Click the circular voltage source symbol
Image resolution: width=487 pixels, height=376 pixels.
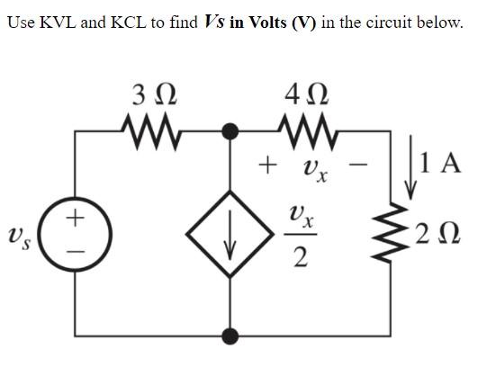[x=77, y=233]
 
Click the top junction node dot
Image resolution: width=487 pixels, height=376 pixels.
[x=232, y=131]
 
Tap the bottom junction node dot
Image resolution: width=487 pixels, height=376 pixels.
[x=232, y=336]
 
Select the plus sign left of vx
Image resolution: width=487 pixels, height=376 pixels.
[x=266, y=166]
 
